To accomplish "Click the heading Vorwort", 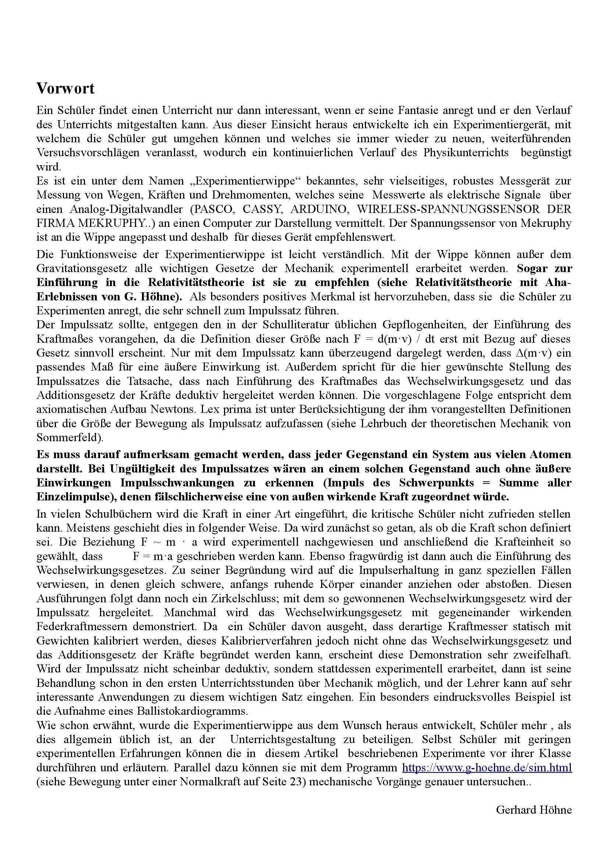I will click(x=65, y=89).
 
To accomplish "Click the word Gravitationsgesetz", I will click(x=82, y=268).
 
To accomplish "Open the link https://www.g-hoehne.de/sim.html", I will click(x=487, y=767).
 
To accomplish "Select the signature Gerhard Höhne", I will click(x=533, y=810).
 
